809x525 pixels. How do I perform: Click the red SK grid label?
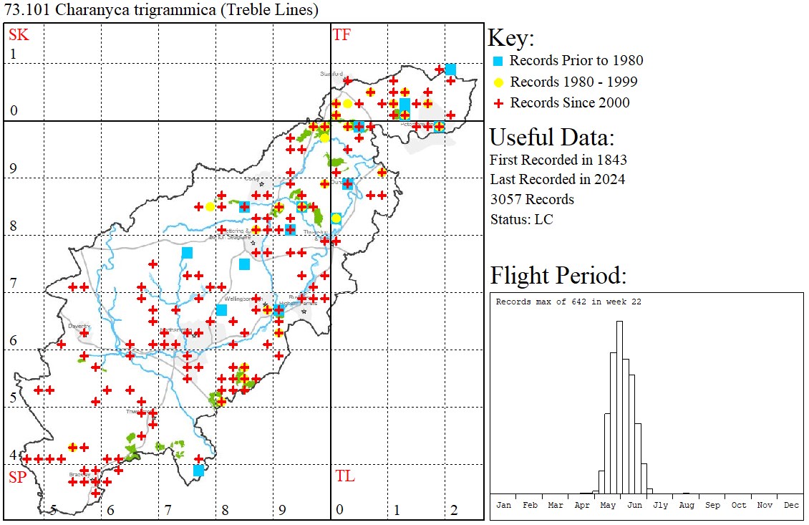pyautogui.click(x=18, y=34)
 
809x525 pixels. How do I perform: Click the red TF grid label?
pyautogui.click(x=341, y=34)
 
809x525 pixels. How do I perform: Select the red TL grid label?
pyautogui.click(x=344, y=476)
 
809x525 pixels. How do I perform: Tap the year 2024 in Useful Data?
pyautogui.click(x=609, y=179)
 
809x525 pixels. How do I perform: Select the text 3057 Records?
pyautogui.click(x=532, y=199)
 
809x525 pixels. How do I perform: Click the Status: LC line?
pyautogui.click(x=521, y=218)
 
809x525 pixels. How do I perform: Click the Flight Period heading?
pyautogui.click(x=558, y=276)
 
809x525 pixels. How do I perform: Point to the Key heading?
pyautogui.click(x=511, y=38)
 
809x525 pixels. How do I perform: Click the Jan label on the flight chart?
pyautogui.click(x=504, y=505)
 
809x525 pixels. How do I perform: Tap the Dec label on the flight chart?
pyautogui.click(x=791, y=505)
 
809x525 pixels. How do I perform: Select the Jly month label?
pyautogui.click(x=661, y=505)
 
